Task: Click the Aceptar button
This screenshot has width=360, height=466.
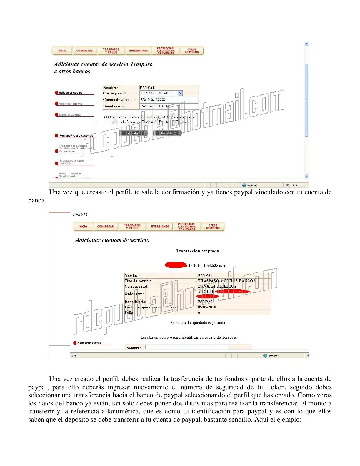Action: coord(133,133)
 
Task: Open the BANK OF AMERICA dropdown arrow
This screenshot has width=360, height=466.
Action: coord(180,93)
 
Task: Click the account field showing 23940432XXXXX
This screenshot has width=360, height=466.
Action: coord(169,100)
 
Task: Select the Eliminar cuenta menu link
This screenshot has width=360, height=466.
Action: coord(69,115)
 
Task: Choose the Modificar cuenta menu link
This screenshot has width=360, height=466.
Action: coord(70,104)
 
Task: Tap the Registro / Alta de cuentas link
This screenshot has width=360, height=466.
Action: coord(76,136)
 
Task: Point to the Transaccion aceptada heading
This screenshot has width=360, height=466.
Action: coord(197,251)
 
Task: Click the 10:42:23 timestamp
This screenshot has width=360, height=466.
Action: coord(80,215)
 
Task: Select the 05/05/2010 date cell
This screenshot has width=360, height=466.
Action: coord(207,307)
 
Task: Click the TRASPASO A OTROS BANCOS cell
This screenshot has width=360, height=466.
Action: coord(226,281)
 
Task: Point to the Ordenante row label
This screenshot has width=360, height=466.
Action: coord(134,294)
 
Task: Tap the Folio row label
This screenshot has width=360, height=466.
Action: coord(129,312)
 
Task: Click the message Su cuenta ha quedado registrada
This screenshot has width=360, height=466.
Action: coord(198,323)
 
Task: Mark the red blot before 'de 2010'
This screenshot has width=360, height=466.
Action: coord(175,265)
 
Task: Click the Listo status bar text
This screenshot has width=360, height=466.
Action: coord(73,356)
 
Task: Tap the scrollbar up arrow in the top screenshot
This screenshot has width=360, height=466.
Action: coord(306,44)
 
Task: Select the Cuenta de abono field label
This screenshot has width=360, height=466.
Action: coord(118,100)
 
